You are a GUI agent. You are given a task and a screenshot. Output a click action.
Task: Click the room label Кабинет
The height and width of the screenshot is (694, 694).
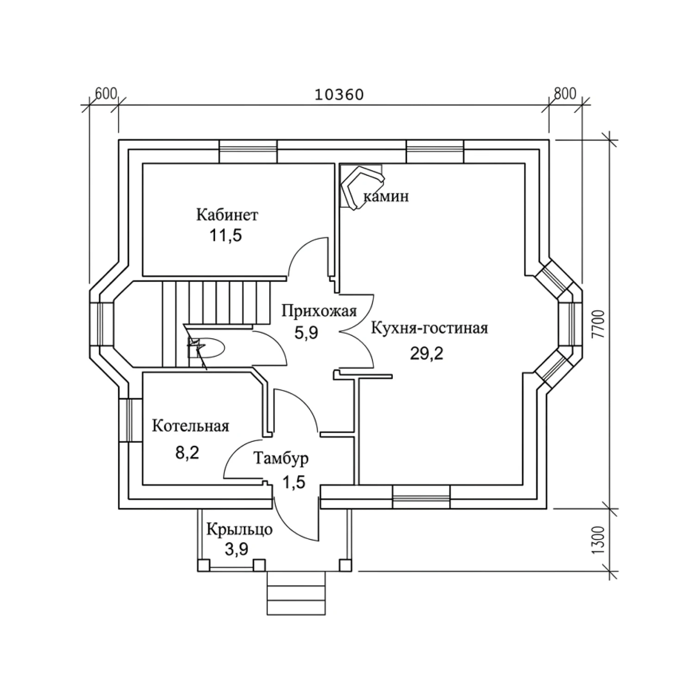(x=227, y=215)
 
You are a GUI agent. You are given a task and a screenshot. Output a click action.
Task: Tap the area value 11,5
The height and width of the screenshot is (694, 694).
(x=226, y=235)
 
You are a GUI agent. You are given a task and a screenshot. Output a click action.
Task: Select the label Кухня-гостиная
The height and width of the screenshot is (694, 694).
(x=429, y=328)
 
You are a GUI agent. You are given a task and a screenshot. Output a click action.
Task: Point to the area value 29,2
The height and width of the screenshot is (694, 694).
(x=426, y=353)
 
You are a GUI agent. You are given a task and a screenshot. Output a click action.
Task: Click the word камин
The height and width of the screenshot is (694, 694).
(x=386, y=197)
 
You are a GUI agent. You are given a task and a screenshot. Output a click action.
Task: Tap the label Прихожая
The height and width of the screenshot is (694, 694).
(x=319, y=311)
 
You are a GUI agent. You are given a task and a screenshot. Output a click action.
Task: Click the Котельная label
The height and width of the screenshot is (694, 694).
(x=191, y=426)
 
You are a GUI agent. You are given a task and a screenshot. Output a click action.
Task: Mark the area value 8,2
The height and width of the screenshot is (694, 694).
(x=187, y=452)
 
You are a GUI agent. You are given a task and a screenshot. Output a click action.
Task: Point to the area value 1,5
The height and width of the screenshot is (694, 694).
(x=294, y=483)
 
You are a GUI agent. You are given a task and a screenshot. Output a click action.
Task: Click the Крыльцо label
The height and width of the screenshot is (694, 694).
(x=239, y=529)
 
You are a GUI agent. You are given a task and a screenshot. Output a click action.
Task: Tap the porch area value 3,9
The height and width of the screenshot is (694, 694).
(x=236, y=549)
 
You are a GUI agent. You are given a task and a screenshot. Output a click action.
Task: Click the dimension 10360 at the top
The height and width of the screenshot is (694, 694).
(x=339, y=94)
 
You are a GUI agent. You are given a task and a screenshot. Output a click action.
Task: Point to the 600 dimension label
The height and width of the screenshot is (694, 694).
(x=105, y=94)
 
